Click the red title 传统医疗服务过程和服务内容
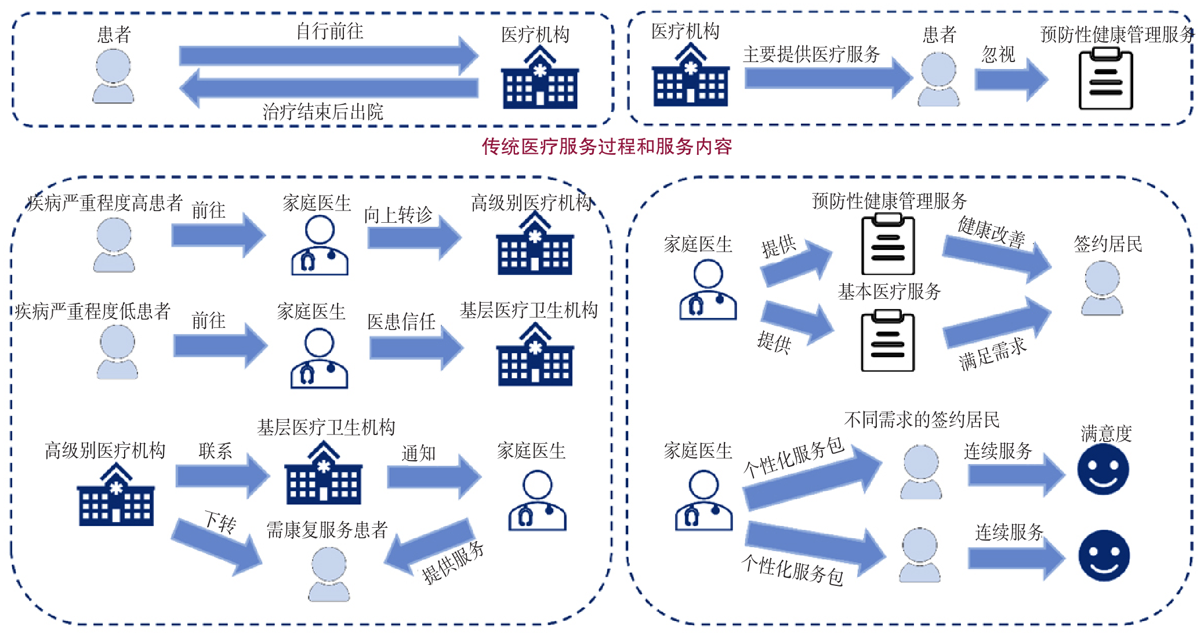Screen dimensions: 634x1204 click(x=607, y=146)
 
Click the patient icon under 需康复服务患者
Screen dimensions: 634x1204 click(x=329, y=574)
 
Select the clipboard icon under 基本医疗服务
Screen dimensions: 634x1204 click(x=887, y=340)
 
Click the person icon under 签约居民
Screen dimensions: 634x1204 click(x=1102, y=288)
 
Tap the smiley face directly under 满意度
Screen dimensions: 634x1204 click(x=1103, y=469)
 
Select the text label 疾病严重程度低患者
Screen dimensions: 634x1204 click(x=93, y=311)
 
